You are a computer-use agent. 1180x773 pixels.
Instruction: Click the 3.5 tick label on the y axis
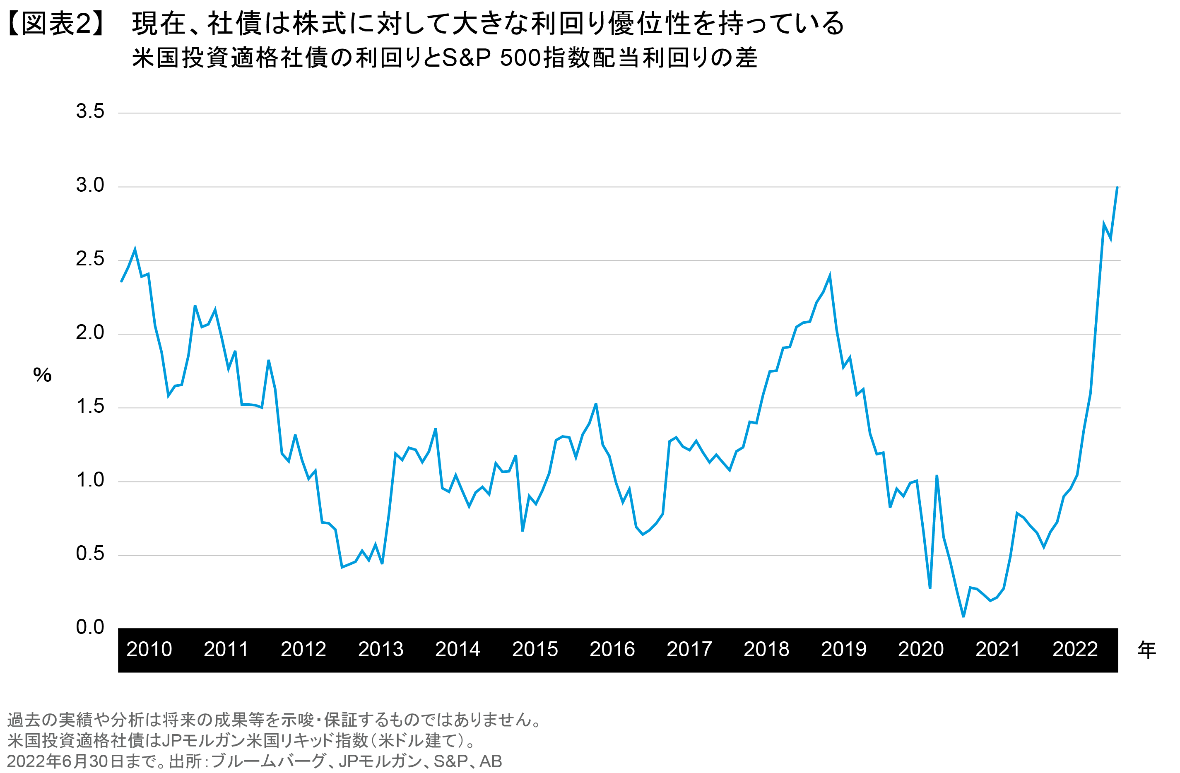pos(90,111)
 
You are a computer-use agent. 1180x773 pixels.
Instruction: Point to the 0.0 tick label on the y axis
pos(90,627)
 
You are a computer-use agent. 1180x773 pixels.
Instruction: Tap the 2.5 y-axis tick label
pos(90,259)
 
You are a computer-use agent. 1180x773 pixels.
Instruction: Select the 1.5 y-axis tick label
pos(90,406)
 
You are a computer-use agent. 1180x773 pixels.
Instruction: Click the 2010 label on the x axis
pos(149,649)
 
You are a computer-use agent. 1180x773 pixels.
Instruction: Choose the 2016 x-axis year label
pos(612,649)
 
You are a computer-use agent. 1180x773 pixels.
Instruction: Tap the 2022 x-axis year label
pos(1075,649)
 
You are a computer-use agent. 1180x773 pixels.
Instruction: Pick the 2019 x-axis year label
pos(843,649)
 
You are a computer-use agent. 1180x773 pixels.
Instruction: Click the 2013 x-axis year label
pos(381,649)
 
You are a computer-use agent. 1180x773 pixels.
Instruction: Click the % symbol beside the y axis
pos(42,376)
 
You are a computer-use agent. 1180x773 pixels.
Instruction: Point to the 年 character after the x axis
pos(1146,649)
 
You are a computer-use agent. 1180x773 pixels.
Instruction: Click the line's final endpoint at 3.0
pos(1117,188)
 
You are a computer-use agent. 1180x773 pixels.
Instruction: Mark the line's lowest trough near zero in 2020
pos(963,616)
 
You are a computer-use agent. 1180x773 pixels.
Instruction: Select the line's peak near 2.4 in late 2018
pos(829,276)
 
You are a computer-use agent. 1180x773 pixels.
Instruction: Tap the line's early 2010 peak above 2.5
pos(135,249)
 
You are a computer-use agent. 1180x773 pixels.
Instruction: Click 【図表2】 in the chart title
pos(56,23)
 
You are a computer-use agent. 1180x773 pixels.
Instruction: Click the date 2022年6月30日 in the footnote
pos(66,761)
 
